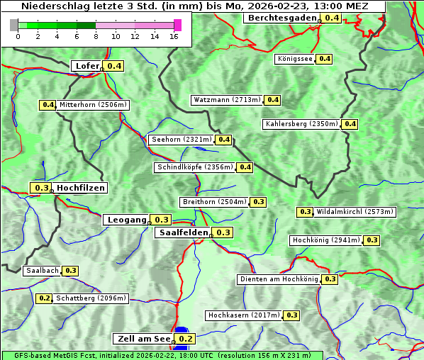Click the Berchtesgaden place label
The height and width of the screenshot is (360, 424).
tap(281, 18)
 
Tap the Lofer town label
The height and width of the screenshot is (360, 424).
tap(87, 66)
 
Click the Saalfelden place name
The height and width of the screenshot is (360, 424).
tap(183, 232)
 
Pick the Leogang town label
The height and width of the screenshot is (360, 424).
tap(126, 220)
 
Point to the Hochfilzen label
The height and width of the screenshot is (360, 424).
tap(80, 188)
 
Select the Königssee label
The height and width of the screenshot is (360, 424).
tap(294, 59)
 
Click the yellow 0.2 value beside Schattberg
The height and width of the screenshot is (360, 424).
tap(44, 298)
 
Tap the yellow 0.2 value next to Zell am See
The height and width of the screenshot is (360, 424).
tap(185, 339)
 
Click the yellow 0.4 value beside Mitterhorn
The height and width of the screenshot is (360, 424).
tap(48, 105)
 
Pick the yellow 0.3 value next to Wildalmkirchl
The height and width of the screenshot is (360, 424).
tap(305, 212)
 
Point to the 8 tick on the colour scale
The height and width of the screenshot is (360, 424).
tap(96, 36)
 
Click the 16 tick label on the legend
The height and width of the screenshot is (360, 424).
tap(174, 36)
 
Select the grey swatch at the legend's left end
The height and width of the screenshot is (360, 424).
tap(14, 25)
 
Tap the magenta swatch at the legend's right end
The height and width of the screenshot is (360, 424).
tap(177, 25)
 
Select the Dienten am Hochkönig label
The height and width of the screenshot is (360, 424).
tap(279, 279)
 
